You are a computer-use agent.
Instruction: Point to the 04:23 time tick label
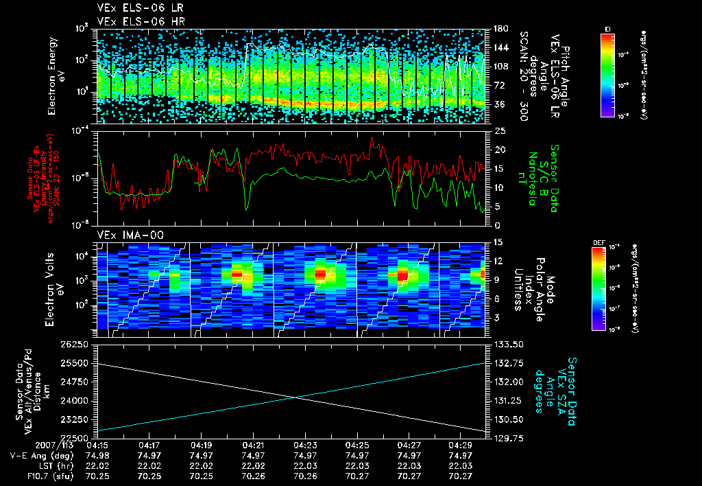304,445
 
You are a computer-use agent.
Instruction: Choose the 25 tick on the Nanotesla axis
500,130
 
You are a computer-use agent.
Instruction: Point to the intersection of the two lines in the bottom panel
294,397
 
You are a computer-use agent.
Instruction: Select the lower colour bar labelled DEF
597,288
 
